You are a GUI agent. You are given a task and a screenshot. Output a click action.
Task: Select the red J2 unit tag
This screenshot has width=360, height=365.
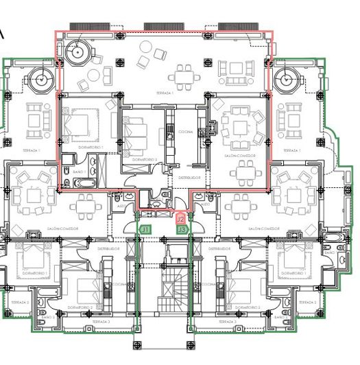[180, 220]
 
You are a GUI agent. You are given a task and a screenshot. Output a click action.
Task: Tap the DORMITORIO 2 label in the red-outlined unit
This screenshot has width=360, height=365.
[145, 159]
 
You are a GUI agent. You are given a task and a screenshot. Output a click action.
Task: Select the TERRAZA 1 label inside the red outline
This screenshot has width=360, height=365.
[163, 93]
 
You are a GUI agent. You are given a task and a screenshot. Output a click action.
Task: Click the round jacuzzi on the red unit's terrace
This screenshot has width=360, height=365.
[76, 50]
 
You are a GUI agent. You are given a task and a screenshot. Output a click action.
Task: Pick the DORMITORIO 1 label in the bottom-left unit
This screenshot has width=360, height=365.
[32, 273]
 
